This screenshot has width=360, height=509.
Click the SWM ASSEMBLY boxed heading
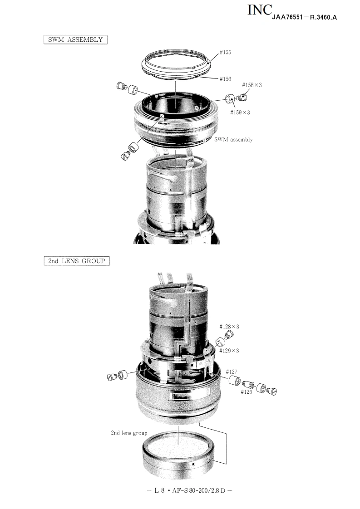click(75, 39)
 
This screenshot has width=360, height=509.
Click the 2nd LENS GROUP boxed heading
click(77, 261)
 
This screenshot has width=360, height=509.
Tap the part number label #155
click(225, 52)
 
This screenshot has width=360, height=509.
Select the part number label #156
click(225, 79)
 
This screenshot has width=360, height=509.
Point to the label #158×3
click(252, 85)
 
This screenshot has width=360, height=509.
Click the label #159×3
click(240, 113)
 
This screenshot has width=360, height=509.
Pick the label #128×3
click(229, 327)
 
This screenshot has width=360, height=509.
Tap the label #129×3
click(229, 351)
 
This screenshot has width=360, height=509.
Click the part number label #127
click(232, 372)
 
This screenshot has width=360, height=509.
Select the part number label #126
click(247, 392)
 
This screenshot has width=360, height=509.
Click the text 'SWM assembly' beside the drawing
click(233, 140)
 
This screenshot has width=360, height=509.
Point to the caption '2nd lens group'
click(129, 433)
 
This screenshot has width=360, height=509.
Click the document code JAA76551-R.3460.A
click(305, 18)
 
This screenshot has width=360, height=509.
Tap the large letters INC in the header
click(260, 10)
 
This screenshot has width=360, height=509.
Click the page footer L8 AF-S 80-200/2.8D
click(189, 490)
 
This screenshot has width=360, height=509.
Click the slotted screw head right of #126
click(272, 392)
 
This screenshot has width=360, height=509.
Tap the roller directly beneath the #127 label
click(235, 381)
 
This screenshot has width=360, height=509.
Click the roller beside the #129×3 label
click(220, 342)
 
